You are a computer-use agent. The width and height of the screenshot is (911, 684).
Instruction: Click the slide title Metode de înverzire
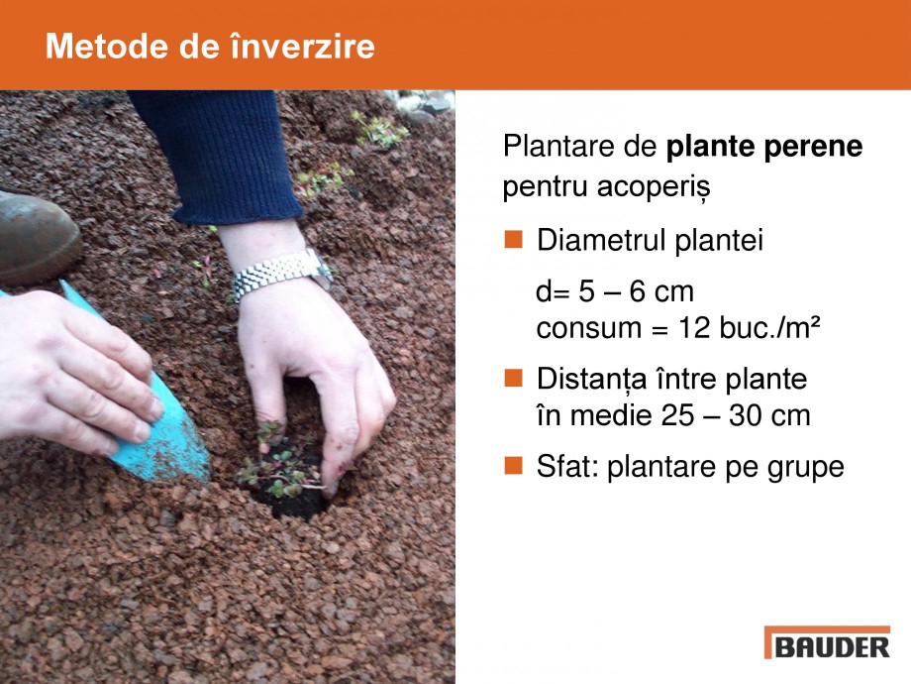[x=210, y=47]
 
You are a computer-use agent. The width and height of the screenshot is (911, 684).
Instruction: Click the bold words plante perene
[x=764, y=147]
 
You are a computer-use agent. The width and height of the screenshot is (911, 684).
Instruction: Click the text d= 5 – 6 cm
[x=614, y=293]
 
